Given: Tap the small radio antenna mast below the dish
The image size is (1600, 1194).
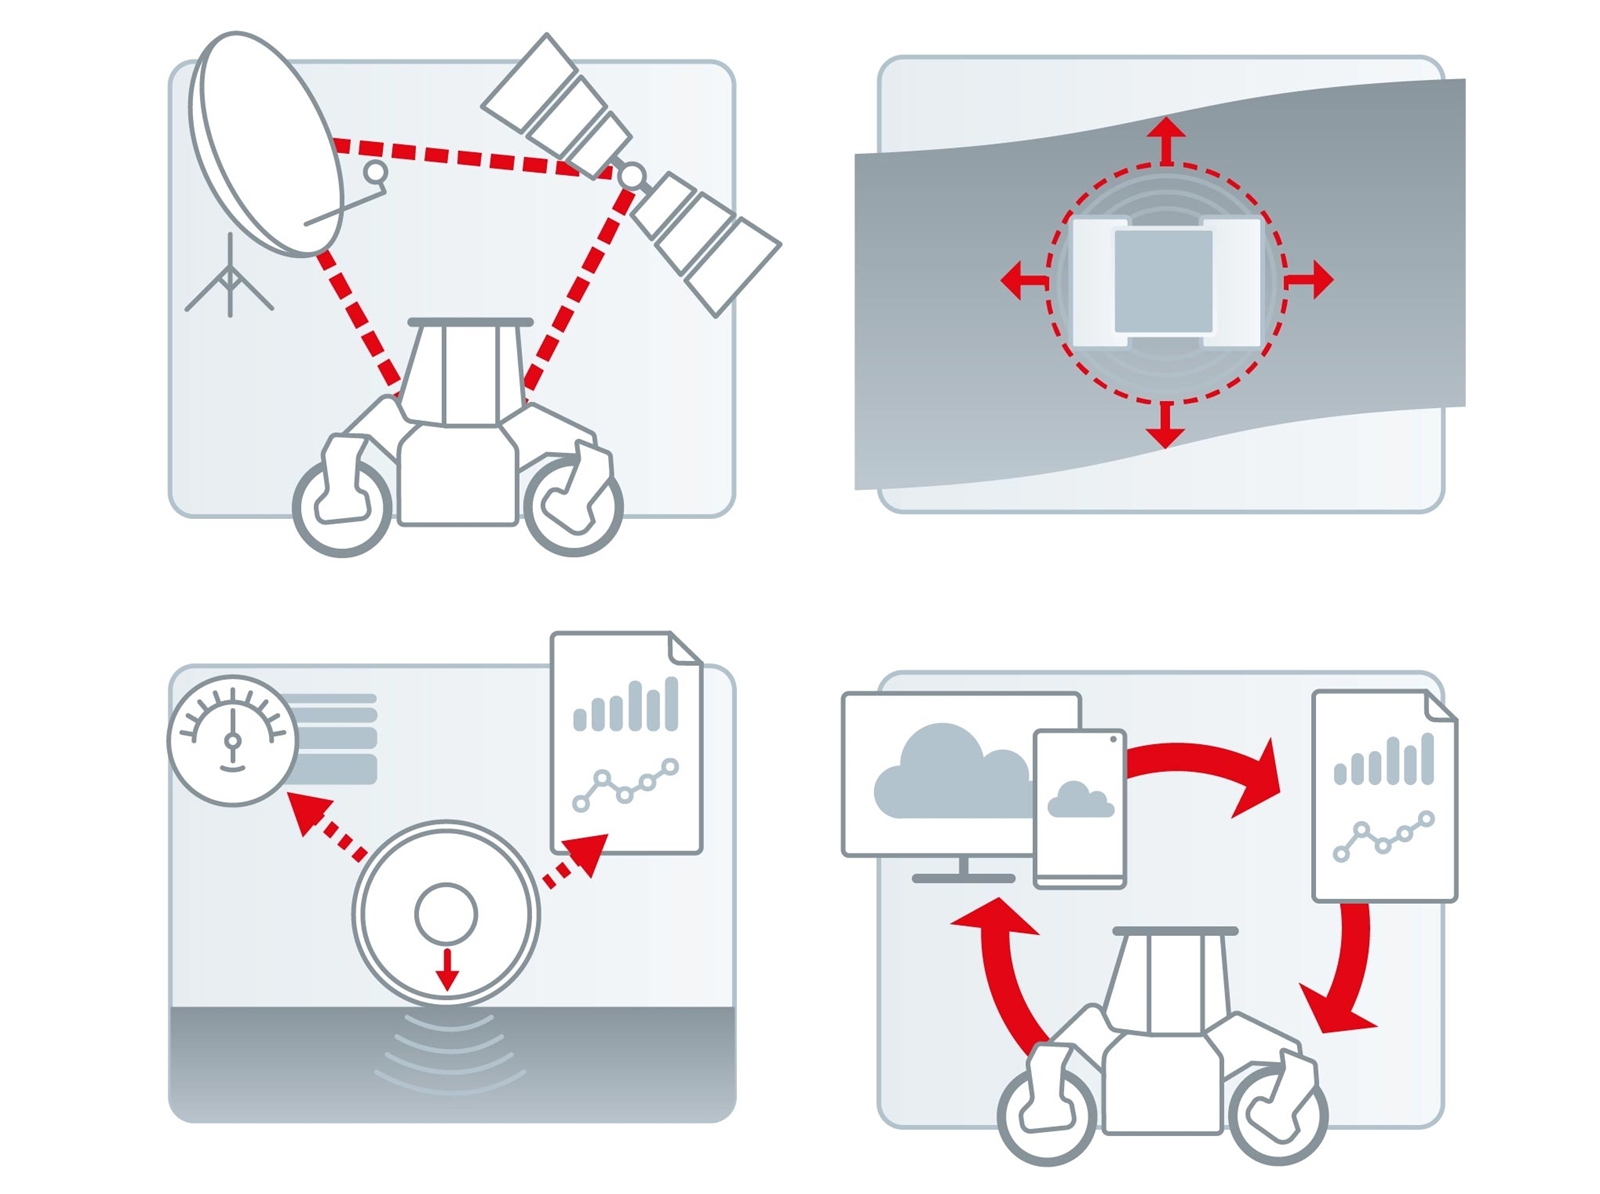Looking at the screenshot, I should tap(230, 281).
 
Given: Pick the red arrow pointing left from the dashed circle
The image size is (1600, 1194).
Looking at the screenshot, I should tap(1022, 279).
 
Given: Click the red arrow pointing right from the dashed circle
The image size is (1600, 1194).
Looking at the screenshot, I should tap(1311, 279).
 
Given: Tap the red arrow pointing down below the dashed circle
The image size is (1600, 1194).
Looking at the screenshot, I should tap(1165, 425).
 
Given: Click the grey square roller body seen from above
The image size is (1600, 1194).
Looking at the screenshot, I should tap(1163, 281).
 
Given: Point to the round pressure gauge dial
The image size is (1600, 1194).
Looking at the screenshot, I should tap(232, 740).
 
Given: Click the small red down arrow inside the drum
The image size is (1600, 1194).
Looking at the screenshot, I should tap(447, 969).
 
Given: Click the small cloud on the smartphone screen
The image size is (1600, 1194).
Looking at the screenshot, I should tap(1079, 800).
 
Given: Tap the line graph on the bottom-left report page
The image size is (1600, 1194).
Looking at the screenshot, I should tap(626, 785).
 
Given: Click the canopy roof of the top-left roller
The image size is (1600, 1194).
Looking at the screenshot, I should tap(470, 322).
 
